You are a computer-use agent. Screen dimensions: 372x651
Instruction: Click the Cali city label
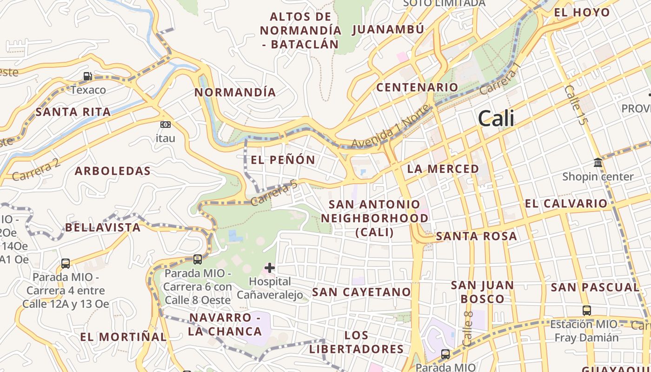496,118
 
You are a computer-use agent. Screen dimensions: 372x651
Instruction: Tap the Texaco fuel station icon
87,76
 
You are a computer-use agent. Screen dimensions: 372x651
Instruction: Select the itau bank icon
165,125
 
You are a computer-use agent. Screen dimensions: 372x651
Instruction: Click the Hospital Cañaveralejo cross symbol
270,268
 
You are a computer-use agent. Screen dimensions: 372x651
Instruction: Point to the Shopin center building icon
598,163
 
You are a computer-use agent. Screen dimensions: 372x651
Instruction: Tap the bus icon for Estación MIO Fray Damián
587,310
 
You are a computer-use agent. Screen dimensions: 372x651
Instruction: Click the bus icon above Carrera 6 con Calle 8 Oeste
198,259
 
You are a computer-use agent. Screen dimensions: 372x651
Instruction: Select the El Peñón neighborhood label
283,160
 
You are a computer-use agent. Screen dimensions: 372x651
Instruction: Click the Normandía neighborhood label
235,92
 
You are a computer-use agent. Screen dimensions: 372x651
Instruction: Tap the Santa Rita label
73,112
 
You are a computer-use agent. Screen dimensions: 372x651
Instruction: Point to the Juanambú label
388,30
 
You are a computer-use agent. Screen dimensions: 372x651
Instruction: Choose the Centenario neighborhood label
417,87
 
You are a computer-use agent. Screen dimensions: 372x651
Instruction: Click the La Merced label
443,169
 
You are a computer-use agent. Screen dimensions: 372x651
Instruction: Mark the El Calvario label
566,204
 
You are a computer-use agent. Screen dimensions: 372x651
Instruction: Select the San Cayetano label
361,292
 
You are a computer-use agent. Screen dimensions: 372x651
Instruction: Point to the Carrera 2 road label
36,170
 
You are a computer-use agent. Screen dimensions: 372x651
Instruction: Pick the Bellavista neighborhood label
102,227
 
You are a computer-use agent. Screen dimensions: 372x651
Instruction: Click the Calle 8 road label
468,328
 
